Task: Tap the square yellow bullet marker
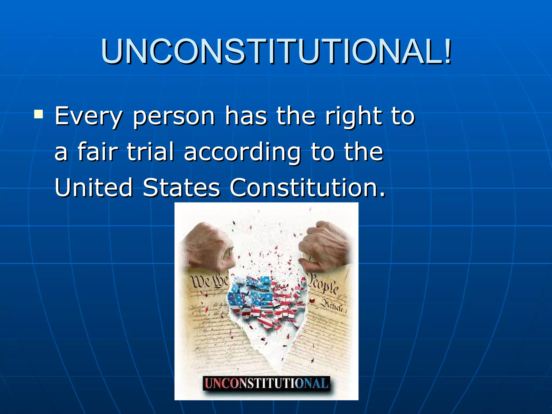(38, 114)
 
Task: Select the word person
(174, 116)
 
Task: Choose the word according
(242, 153)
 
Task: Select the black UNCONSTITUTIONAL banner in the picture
(266, 383)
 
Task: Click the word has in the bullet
(246, 116)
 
